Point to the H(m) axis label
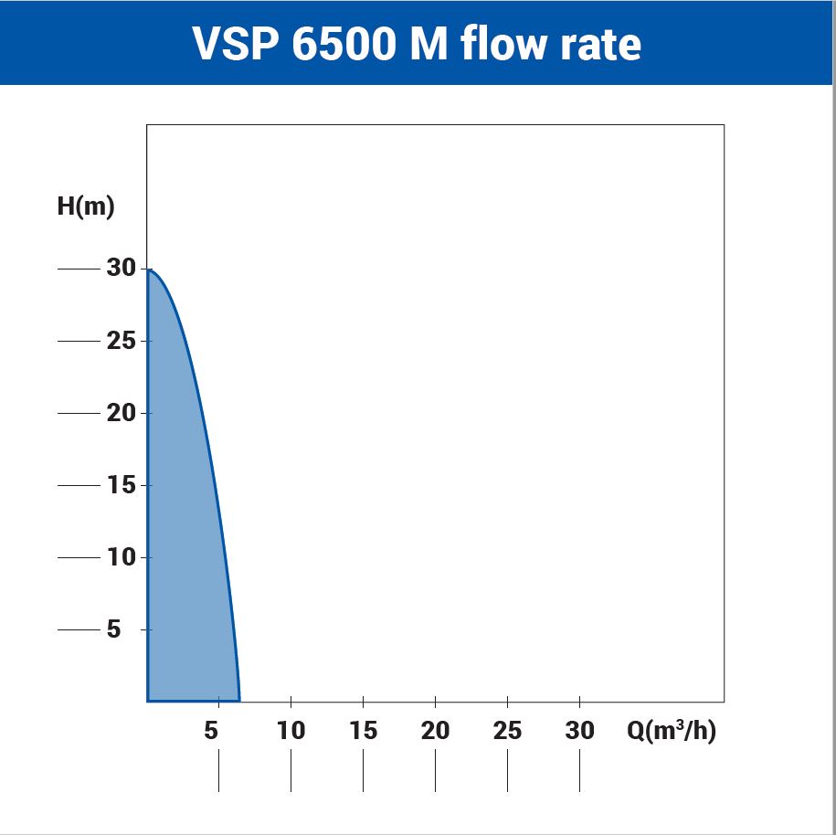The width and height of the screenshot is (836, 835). pyautogui.click(x=86, y=206)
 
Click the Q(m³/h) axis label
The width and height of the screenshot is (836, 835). pyautogui.click(x=672, y=731)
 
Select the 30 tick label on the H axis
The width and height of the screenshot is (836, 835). pyautogui.click(x=121, y=269)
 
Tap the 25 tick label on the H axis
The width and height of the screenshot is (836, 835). pyautogui.click(x=121, y=341)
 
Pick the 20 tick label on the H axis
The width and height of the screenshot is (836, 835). pyautogui.click(x=121, y=413)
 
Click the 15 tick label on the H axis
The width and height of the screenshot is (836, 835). pyautogui.click(x=121, y=485)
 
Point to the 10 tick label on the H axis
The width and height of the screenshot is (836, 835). pyautogui.click(x=121, y=557)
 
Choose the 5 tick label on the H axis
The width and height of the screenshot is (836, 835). pyautogui.click(x=113, y=629)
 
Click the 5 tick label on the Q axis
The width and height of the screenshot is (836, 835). pyautogui.click(x=212, y=731)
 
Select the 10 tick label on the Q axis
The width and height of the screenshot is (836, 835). pyautogui.click(x=291, y=731)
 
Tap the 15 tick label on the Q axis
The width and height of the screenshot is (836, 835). pyautogui.click(x=363, y=731)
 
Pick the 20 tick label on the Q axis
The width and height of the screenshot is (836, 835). pyautogui.click(x=435, y=731)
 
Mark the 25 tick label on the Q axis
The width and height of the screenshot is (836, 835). pyautogui.click(x=507, y=731)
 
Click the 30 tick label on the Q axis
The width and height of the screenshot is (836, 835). pyautogui.click(x=579, y=731)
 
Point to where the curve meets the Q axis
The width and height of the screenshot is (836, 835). pyautogui.click(x=239, y=700)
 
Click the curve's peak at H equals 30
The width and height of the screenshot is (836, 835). pyautogui.click(x=150, y=270)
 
